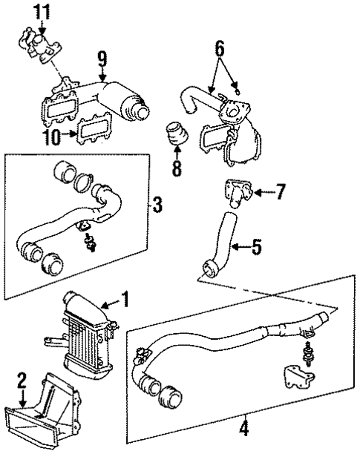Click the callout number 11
pyautogui.click(x=42, y=11)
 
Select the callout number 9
pyautogui.click(x=102, y=59)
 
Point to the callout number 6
pyautogui.click(x=220, y=49)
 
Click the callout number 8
pyautogui.click(x=177, y=168)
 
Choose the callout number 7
pyautogui.click(x=280, y=191)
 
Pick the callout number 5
pyautogui.click(x=256, y=247)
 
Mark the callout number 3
pyautogui.click(x=157, y=205)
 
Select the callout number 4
pyautogui.click(x=244, y=436)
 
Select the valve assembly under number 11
pyautogui.click(x=39, y=45)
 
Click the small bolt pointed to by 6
pyautogui.click(x=238, y=91)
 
